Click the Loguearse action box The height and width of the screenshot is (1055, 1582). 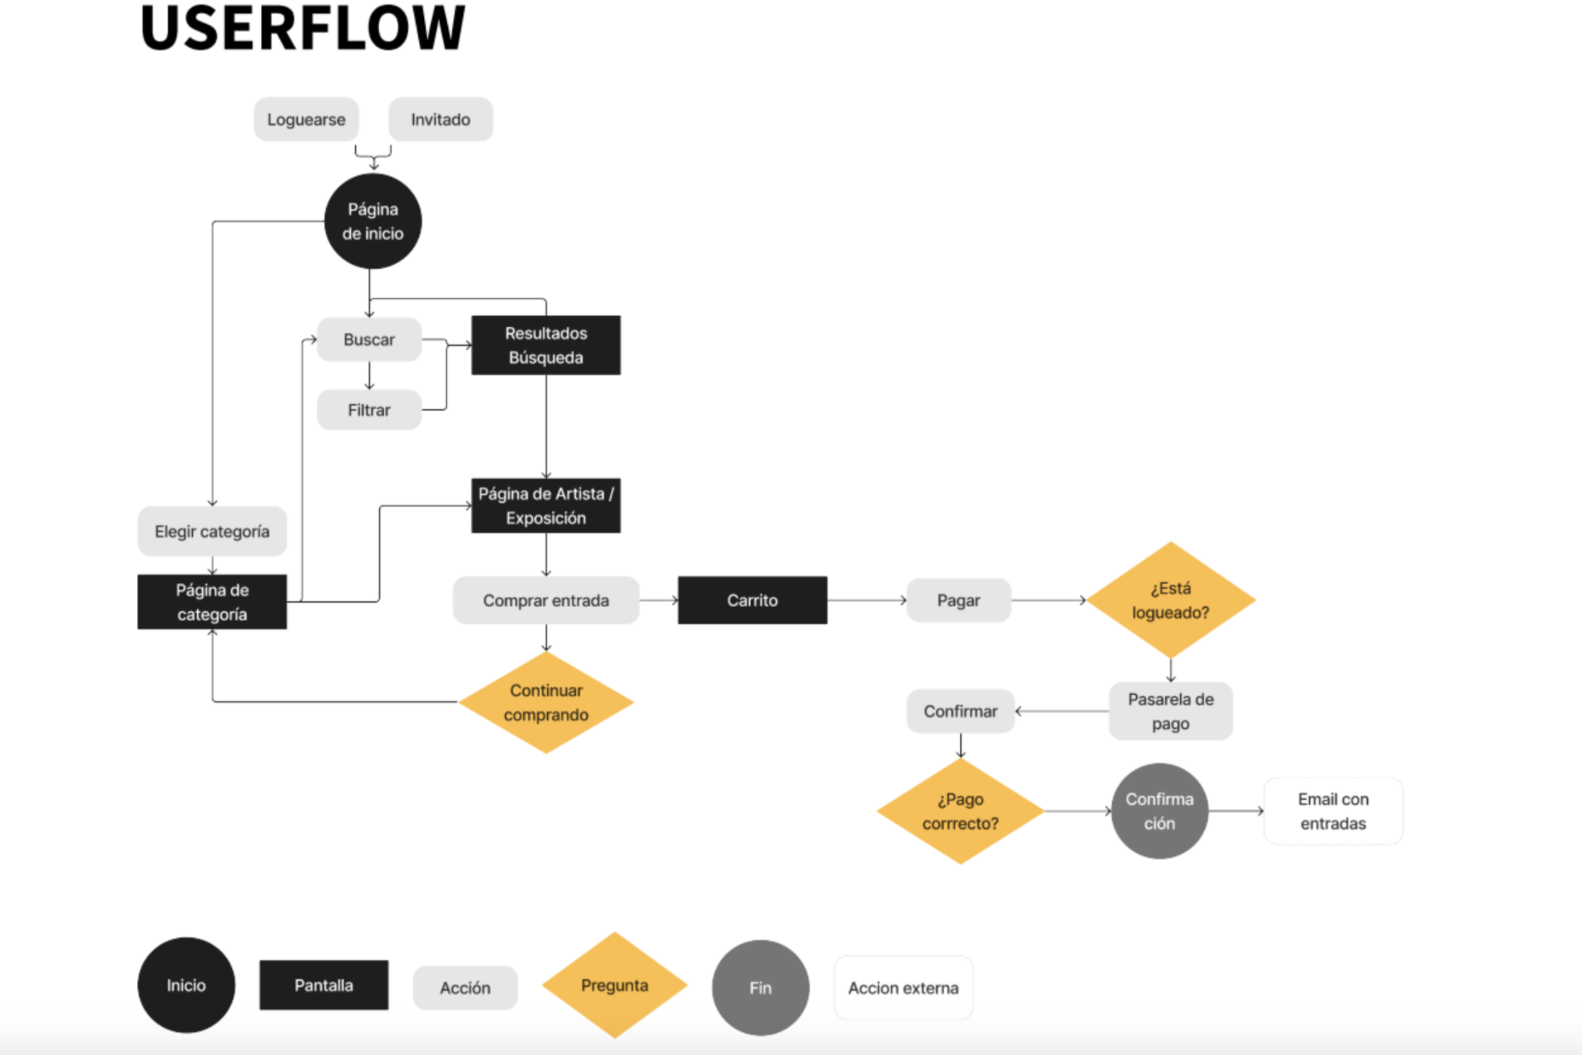tap(306, 119)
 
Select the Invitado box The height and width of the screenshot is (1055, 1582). tap(440, 119)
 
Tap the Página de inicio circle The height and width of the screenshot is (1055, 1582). tap(373, 221)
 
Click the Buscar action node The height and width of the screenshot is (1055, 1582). tap(369, 340)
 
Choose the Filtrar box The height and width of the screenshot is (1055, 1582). tap(369, 410)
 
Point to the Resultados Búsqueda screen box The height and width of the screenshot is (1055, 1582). tap(546, 345)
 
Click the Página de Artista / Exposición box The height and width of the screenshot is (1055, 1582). tap(546, 506)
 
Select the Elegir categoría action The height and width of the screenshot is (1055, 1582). tap(212, 531)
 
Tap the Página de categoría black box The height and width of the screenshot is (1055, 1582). tap(212, 602)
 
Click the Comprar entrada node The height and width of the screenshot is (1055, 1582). tap(546, 601)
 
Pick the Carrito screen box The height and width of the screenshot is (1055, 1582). tap(752, 601)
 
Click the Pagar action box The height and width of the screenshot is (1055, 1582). tap(958, 601)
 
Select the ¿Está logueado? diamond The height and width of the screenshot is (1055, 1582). tap(1170, 601)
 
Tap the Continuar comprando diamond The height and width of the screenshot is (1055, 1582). tap(546, 703)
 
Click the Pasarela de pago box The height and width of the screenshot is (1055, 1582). tap(1170, 711)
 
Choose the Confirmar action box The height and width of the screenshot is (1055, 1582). tap(960, 711)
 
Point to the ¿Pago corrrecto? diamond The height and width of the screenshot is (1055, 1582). tap(960, 811)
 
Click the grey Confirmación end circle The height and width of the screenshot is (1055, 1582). tap(1159, 811)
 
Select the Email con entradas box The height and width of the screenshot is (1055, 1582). tap(1333, 811)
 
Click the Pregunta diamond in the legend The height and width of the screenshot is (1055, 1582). tap(615, 986)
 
